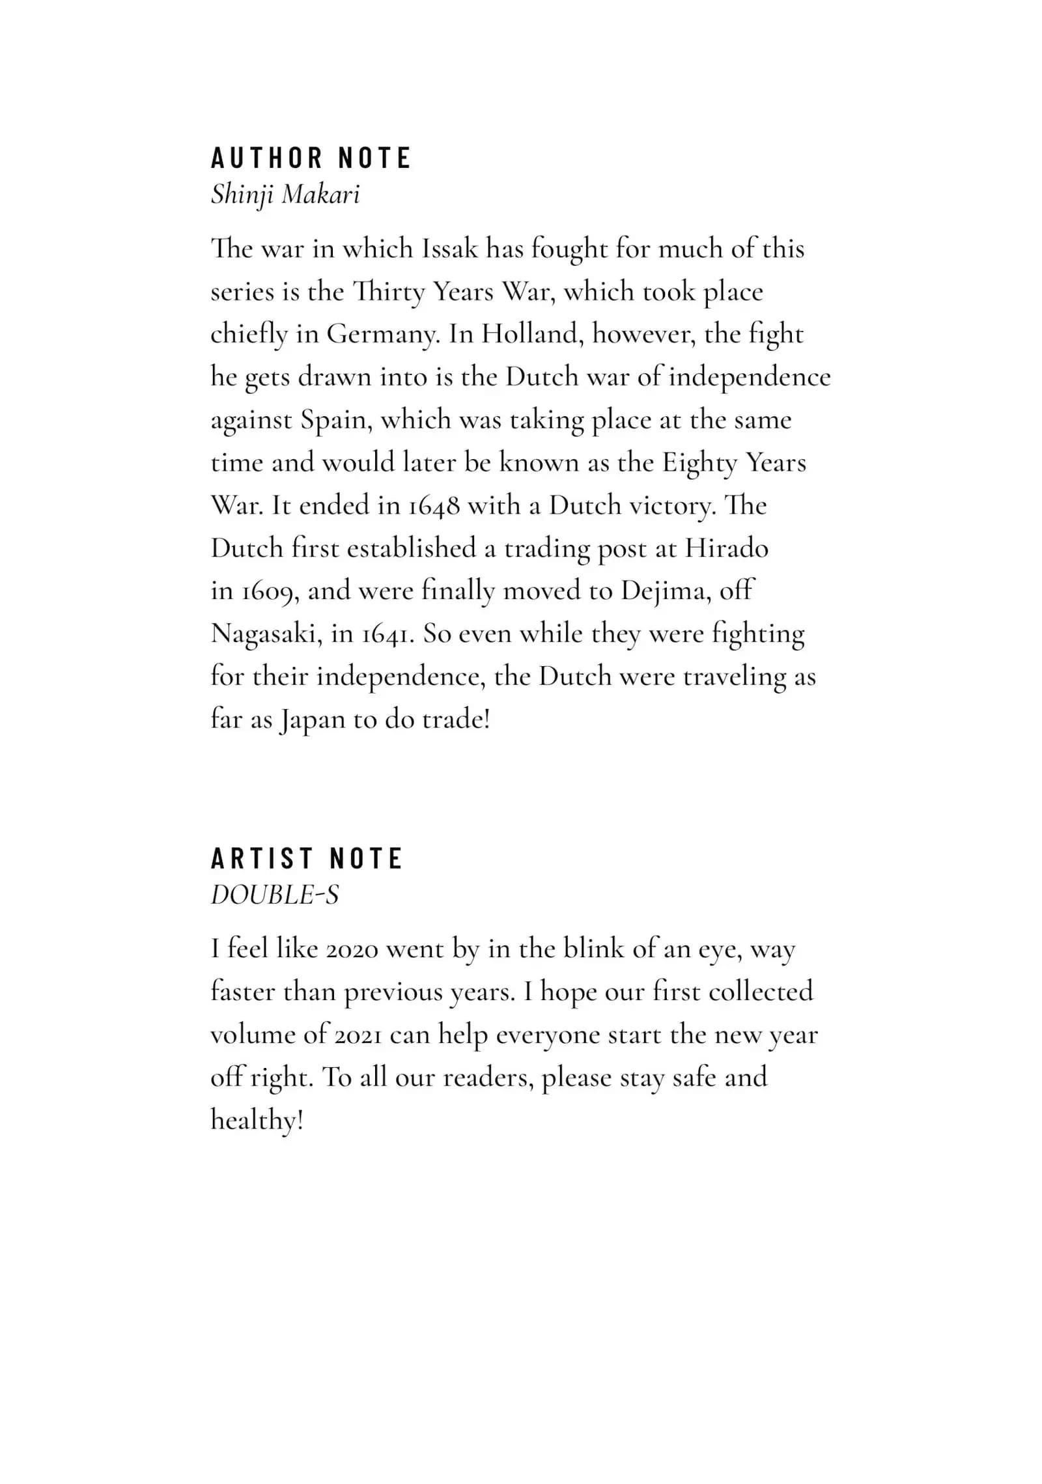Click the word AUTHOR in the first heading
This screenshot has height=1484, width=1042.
267,158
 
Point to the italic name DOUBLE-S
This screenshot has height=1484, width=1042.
275,895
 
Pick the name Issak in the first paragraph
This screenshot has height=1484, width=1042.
449,249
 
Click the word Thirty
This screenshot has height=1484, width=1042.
388,292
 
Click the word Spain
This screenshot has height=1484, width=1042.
336,420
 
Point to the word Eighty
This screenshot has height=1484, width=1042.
699,463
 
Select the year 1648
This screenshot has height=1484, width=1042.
434,506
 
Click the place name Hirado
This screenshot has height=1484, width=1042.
726,548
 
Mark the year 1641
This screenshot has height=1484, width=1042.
388,634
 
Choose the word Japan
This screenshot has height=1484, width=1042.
312,720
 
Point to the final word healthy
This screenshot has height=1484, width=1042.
257,1121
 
